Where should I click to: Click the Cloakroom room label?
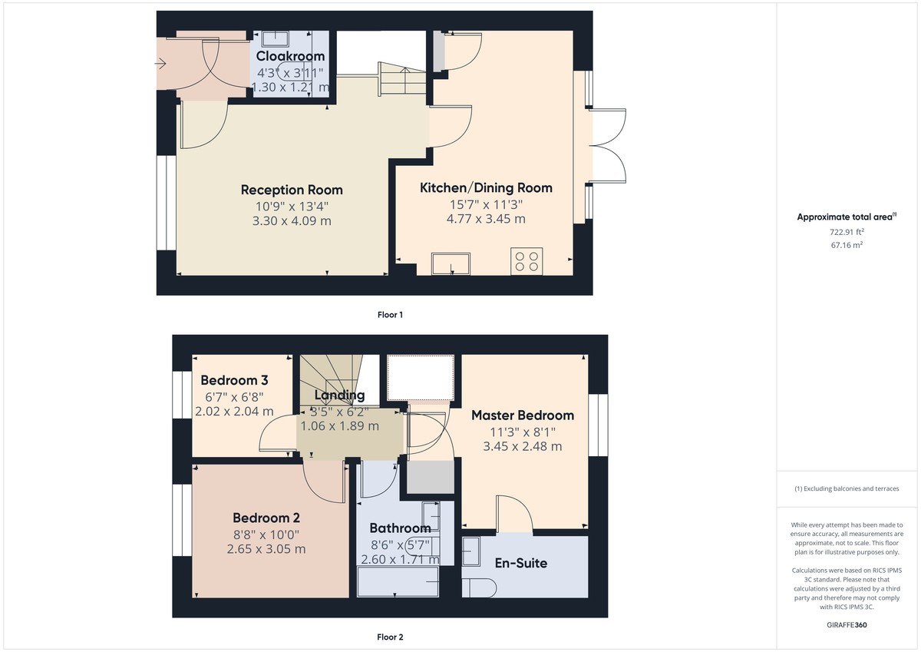coord(290,56)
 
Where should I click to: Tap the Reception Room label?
coord(292,190)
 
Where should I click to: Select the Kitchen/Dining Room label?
coord(486,187)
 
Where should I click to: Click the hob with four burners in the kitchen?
coord(527,261)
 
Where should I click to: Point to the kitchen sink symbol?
coord(451,263)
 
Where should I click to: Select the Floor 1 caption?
coord(390,315)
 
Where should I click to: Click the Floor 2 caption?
coord(390,637)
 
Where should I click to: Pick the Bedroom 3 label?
coord(234,380)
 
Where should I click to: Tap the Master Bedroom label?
coord(523,415)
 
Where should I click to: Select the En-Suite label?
coord(520,563)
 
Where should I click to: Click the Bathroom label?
coord(400,528)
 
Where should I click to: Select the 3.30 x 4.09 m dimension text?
coord(292,221)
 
